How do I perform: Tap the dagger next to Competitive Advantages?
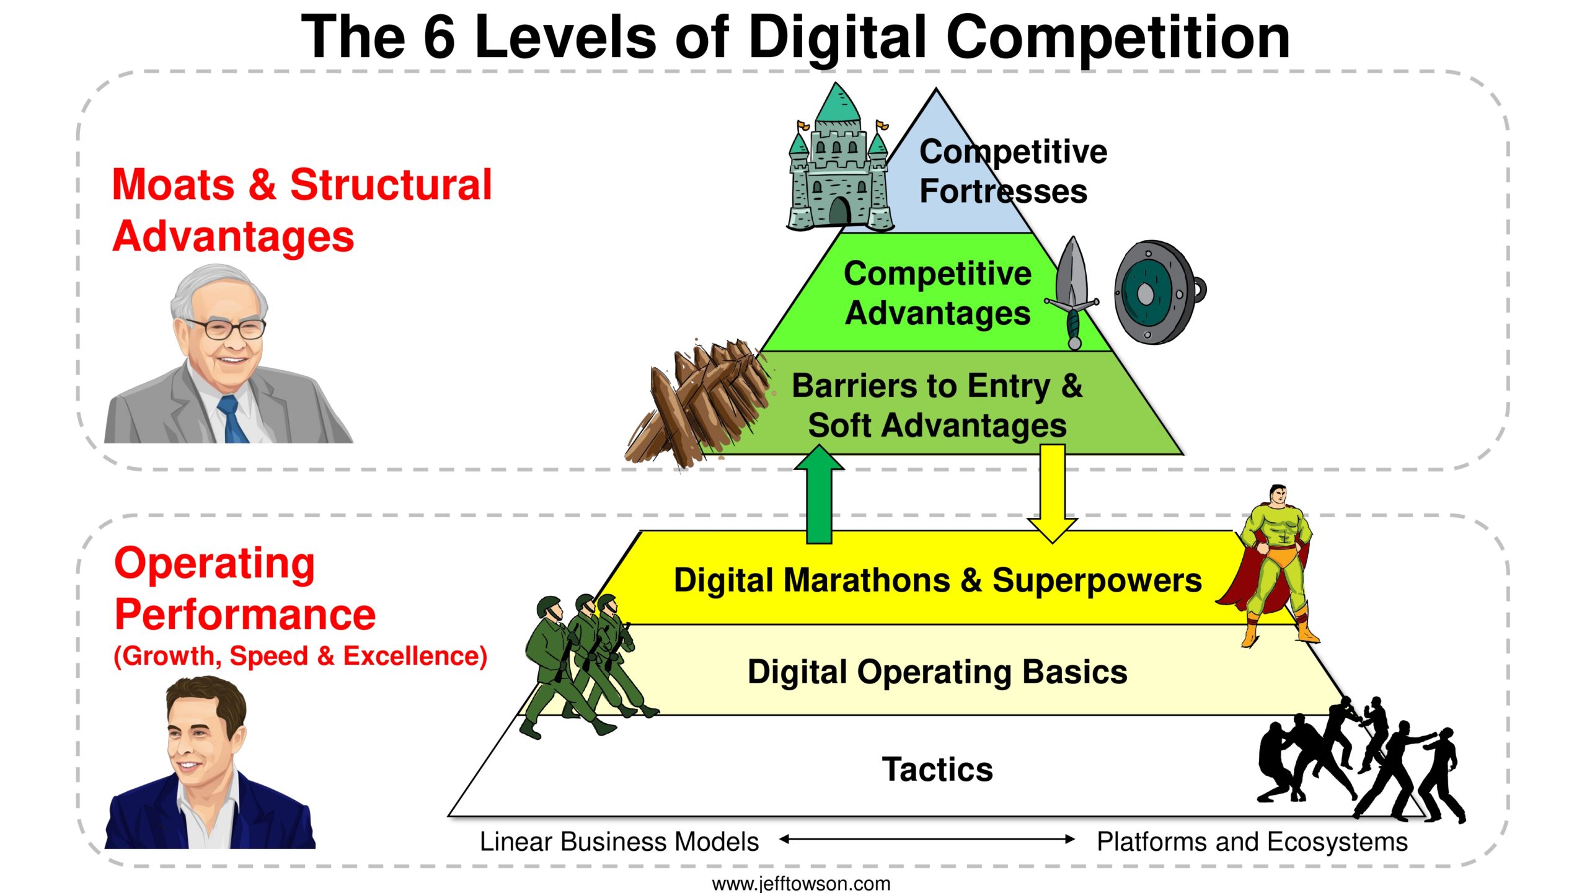point(1072,293)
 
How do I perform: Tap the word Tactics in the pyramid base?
point(937,770)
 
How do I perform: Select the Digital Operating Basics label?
point(937,673)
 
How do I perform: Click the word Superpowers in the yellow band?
point(1097,582)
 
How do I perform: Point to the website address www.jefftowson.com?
point(801,883)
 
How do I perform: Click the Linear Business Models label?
point(619,842)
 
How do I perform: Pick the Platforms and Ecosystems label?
point(1252,842)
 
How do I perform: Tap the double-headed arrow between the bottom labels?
point(927,839)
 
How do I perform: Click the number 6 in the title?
point(439,37)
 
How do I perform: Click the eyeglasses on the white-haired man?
point(226,328)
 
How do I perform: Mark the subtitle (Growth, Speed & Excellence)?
point(301,656)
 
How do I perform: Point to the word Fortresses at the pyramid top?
point(1003,191)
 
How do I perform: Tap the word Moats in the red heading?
point(174,185)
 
